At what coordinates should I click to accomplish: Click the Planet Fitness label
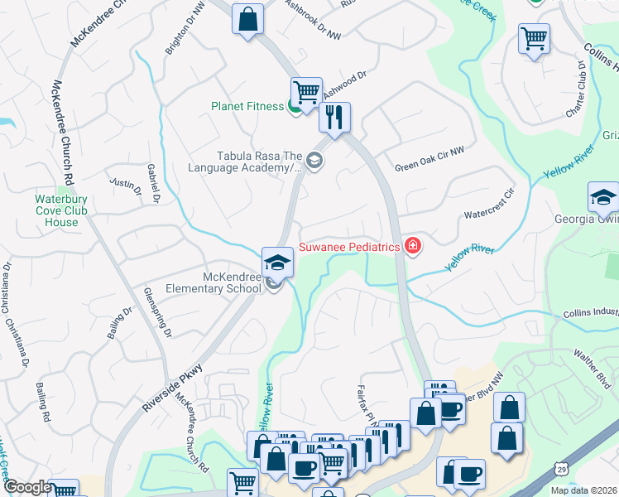247,106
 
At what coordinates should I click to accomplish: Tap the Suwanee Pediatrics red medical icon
412,246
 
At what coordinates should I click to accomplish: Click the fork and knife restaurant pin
334,118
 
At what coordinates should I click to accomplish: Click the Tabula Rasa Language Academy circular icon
313,161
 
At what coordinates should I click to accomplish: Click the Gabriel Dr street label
153,181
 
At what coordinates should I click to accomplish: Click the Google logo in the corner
27,487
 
